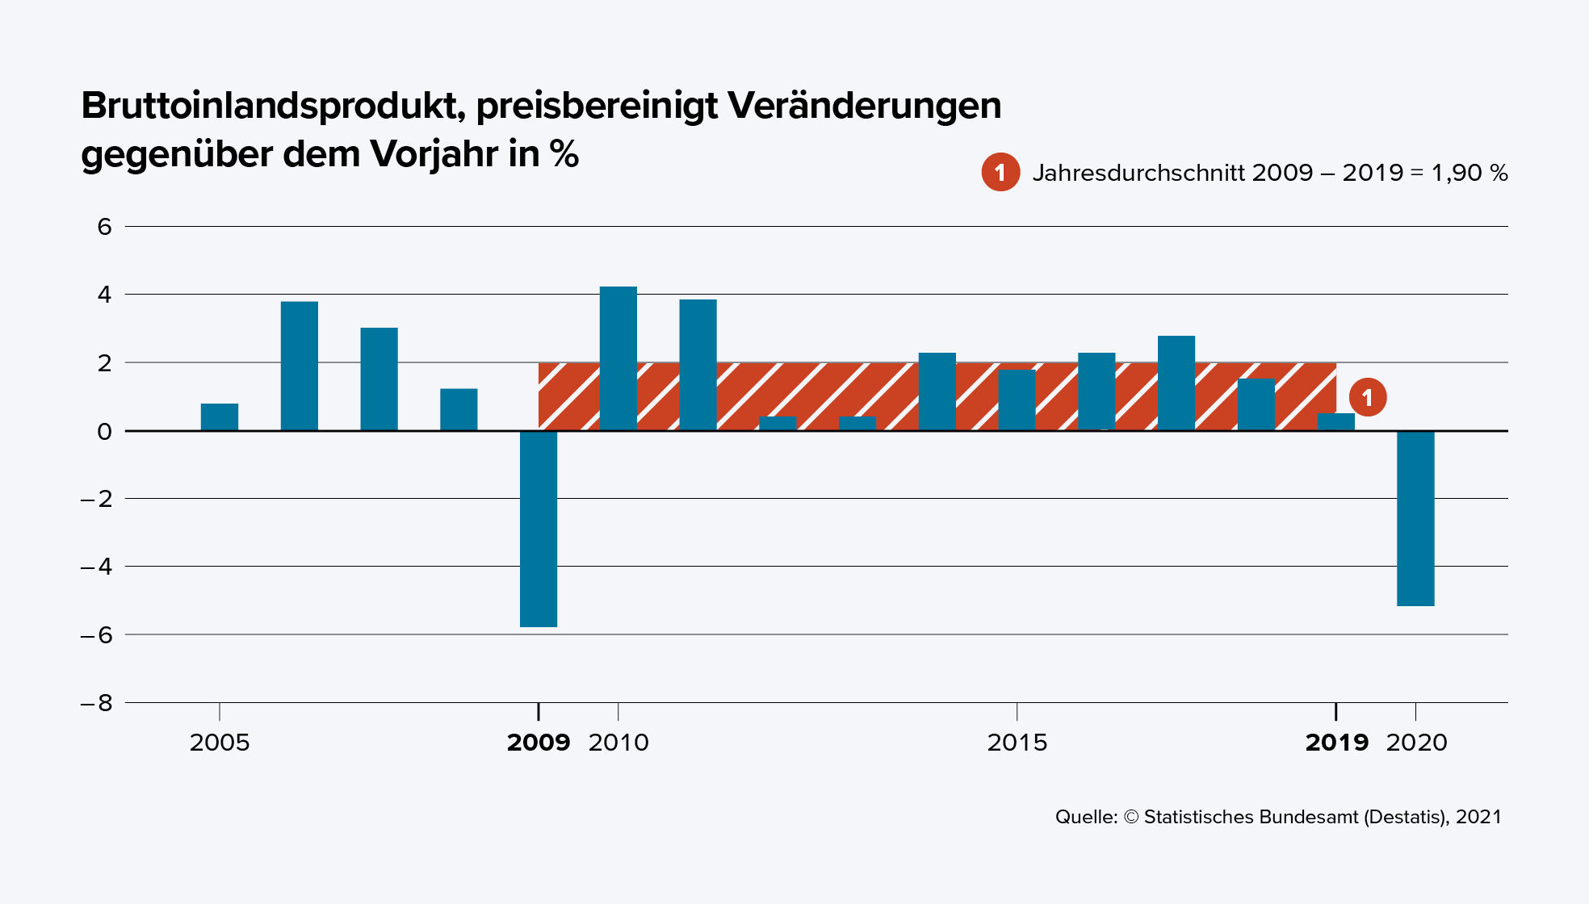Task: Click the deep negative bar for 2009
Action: click(539, 529)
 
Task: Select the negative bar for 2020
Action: click(1415, 518)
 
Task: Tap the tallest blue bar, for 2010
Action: click(618, 358)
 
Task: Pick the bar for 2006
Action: click(300, 366)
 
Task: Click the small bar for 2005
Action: click(220, 416)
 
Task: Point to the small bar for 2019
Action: click(1335, 421)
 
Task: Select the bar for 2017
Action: click(1176, 383)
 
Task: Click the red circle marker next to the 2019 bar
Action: click(1367, 397)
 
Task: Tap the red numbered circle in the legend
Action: click(1000, 172)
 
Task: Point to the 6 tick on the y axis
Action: click(105, 227)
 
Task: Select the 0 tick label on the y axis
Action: click(105, 432)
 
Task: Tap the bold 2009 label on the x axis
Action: click(538, 743)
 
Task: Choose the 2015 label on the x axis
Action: click(1017, 743)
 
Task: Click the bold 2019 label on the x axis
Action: click(1336, 743)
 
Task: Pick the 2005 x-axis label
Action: click(220, 743)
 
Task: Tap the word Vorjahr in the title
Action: click(434, 154)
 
